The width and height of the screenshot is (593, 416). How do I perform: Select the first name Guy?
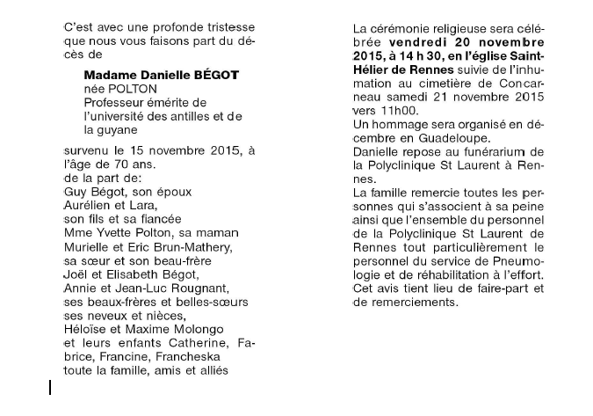point(76,191)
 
